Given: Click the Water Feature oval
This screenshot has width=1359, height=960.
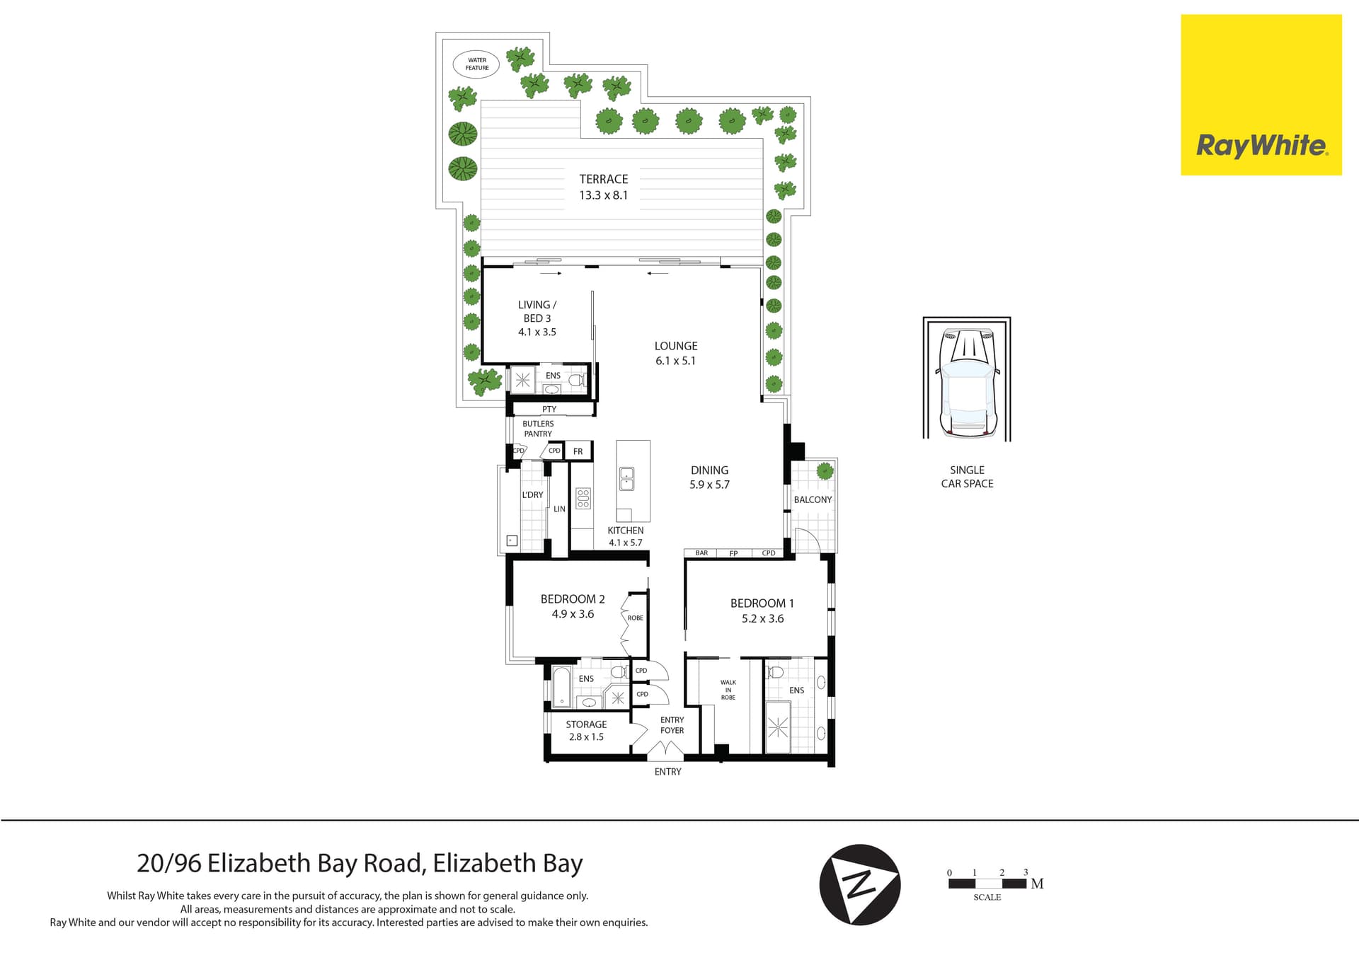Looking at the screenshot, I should tap(476, 64).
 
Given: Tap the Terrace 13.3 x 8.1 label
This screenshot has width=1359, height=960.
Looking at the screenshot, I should tap(603, 187).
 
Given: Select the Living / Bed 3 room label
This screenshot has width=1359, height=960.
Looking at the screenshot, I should tap(537, 318).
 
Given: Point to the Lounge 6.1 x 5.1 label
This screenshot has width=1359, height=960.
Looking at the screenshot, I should tap(675, 353).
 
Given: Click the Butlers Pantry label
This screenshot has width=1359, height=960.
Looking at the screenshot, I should tap(538, 429).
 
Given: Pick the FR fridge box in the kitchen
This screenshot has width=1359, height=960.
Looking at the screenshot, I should tap(578, 451).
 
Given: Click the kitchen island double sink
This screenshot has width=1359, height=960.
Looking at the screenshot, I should tap(626, 479).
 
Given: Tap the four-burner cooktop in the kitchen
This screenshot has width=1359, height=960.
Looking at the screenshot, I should tap(583, 498).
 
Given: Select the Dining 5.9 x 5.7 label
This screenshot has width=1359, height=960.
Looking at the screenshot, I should tap(709, 478).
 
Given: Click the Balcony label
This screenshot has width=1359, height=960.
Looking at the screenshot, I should tap(813, 499).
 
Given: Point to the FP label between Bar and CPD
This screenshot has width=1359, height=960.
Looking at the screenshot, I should tap(733, 553).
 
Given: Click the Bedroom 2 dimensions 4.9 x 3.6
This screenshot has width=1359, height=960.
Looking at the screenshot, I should tap(573, 614).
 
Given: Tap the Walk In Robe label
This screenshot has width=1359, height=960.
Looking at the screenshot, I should tap(728, 690).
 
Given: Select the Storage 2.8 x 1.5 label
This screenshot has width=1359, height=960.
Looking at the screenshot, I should tap(586, 730).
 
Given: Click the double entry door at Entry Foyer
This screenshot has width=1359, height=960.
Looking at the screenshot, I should tap(665, 751).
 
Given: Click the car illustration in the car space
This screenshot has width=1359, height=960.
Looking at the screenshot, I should tap(967, 383).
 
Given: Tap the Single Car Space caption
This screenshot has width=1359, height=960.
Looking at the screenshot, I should tap(967, 477).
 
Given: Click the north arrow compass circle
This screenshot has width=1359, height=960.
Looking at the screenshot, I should tap(859, 884).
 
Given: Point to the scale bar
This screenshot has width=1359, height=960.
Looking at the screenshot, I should tap(987, 883).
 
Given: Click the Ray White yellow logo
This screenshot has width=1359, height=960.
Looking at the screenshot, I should tap(1261, 95).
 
